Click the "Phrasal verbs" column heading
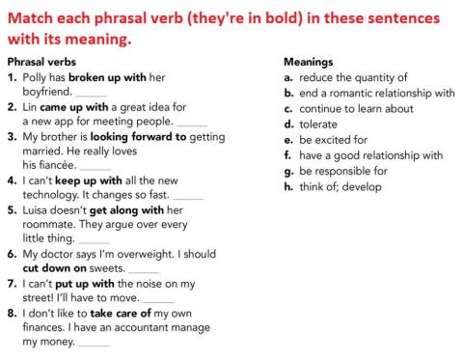(43, 61)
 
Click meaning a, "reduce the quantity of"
(353, 77)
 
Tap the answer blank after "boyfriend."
(91, 94)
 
